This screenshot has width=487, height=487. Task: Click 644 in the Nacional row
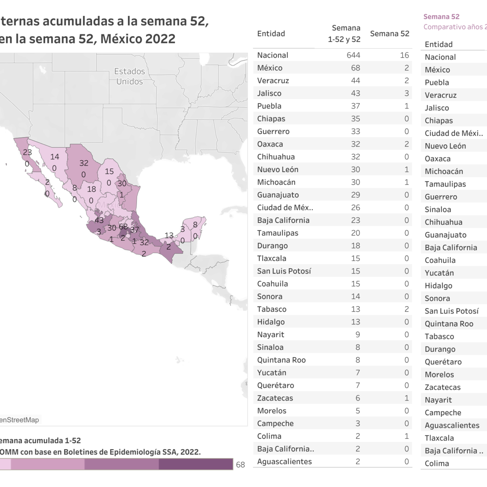pos(353,55)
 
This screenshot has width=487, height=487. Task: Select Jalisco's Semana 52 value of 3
pos(406,93)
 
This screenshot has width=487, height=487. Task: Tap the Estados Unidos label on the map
pos(129,76)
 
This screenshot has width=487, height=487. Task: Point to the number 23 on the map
pos(27,153)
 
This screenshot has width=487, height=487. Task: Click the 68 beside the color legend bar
pos(240,465)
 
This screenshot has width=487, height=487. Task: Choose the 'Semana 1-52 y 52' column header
pos(345,34)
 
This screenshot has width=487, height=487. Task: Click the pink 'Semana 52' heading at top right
pos(441,17)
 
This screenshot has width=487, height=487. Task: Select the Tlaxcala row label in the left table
pos(272,259)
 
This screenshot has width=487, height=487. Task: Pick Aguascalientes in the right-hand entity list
pos(452,425)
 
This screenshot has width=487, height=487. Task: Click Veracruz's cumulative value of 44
pos(355,81)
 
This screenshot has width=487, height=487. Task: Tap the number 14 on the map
pos(55,157)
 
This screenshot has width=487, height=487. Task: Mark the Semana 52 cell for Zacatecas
pos(406,398)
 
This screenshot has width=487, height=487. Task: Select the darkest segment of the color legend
pos(196,464)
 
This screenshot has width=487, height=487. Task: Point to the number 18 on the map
pos(92,189)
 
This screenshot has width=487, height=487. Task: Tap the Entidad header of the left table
pos(271,34)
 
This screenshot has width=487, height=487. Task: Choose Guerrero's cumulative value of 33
pos(355,131)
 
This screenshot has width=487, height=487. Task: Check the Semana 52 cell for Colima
pos(406,436)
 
